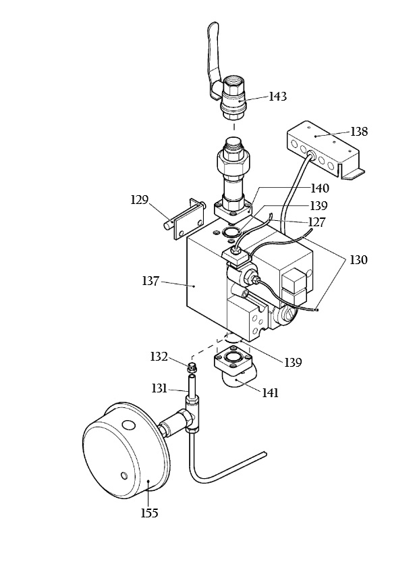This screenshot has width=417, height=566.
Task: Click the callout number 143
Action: (278, 97)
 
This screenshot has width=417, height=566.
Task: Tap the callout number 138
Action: (359, 132)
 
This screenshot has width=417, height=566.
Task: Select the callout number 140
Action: (321, 188)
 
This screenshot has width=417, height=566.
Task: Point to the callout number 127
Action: (316, 222)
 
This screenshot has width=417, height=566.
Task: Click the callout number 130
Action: (358, 259)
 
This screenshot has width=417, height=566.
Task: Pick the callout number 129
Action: (140, 200)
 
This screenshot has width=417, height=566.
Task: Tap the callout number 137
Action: (150, 280)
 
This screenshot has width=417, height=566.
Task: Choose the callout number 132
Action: (159, 357)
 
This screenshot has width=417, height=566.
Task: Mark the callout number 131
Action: (159, 388)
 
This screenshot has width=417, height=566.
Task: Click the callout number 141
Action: (270, 392)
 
